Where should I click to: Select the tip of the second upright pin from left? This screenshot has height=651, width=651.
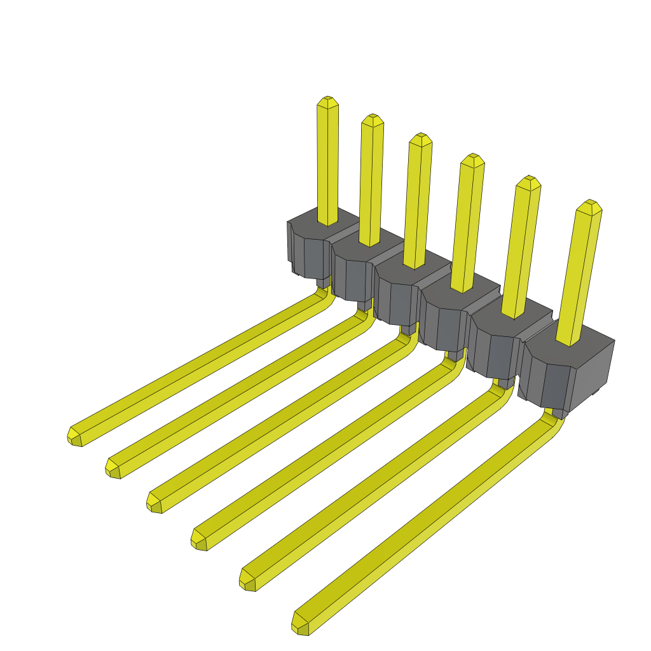pos(372,120)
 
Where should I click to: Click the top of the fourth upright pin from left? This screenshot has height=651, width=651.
pos(472,159)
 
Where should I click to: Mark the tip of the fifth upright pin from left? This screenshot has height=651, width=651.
pos(528,181)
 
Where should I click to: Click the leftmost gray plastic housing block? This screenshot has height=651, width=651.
pos(308,248)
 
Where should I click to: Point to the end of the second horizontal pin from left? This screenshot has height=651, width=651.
pos(113,469)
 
